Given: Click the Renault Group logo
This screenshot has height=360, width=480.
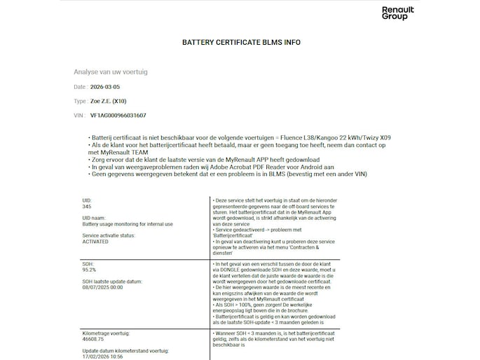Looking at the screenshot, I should click(397, 13).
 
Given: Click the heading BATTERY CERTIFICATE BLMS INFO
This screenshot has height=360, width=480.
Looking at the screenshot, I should click(241, 42).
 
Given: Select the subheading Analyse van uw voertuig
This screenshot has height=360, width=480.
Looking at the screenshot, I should click(111, 72).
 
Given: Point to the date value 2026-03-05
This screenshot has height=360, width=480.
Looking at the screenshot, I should click(106, 87).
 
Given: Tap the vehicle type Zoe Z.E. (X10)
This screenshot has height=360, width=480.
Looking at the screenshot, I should click(109, 101).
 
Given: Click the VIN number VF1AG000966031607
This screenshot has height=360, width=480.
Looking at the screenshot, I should click(118, 115).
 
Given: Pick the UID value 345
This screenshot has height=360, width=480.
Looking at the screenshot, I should click(87, 207).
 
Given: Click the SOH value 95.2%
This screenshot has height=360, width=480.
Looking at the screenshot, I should click(89, 269).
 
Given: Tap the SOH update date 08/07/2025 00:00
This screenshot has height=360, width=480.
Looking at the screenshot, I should click(103, 287).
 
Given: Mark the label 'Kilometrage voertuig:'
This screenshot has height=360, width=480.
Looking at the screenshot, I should click(107, 333).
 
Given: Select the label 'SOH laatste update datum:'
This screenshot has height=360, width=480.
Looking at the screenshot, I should click(112, 282).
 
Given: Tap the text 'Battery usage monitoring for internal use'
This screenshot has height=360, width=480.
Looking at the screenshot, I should click(123, 224).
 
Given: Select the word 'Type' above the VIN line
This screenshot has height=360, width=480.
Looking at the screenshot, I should click(80, 101).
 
